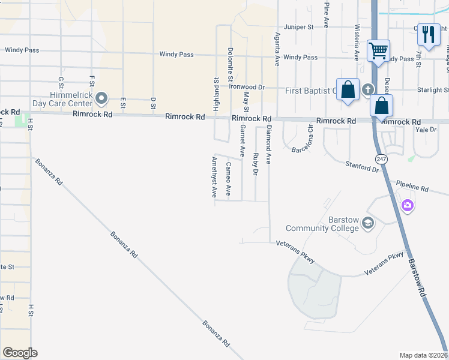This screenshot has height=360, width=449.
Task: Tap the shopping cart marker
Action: coord(378,50)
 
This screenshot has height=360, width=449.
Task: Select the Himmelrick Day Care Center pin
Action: coord(102,97)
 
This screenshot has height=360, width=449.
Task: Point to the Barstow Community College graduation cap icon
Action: coord(367,224)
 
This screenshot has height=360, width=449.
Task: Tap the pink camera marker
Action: coord(408,206)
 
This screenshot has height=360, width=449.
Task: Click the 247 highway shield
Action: coord(381,158)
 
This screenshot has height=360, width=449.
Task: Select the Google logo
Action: coord(20,353)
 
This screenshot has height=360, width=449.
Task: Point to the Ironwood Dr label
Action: coord(247,87)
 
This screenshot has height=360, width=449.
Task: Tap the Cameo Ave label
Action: coord(228,179)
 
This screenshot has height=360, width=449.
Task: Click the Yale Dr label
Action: coord(424,129)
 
